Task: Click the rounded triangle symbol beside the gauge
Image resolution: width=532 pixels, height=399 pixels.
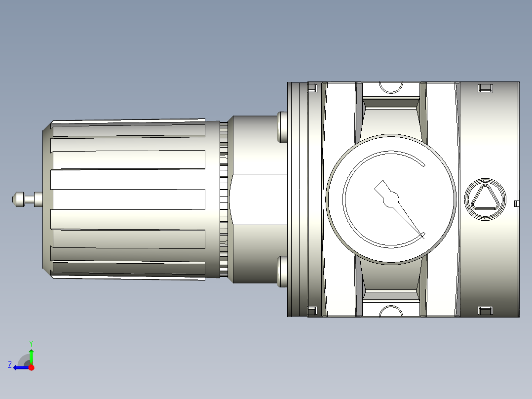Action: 485,199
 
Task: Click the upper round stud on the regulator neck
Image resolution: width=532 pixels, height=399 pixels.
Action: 282,127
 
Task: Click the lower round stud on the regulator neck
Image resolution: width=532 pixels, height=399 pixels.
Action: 282,271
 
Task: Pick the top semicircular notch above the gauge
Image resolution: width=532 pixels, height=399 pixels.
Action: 391,87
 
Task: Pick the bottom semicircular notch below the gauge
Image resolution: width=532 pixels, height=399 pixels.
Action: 391,312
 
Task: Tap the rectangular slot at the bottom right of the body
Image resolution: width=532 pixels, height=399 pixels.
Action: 485,311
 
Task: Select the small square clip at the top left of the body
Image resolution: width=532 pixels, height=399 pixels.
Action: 311,88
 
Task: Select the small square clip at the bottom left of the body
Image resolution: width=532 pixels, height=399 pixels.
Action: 311,311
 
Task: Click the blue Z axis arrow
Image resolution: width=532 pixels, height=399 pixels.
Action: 20,367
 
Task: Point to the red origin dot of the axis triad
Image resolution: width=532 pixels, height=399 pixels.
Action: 32,367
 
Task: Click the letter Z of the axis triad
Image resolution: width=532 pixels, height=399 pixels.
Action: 10,365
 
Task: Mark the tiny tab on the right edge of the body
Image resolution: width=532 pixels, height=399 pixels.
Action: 517,203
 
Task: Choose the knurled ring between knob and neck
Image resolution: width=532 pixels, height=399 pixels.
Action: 224,199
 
